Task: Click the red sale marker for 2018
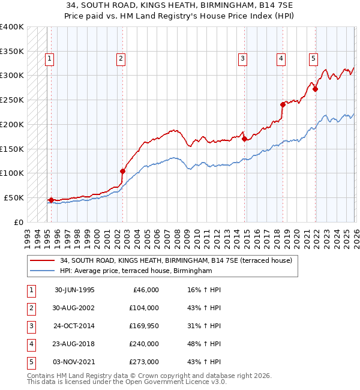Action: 283,104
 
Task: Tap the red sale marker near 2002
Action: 123,171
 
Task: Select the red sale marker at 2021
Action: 315,89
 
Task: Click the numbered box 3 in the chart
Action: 242,58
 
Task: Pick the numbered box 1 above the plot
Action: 49,58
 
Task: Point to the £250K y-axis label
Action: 12,100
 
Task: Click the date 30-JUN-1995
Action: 74,290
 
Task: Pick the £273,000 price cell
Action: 144,362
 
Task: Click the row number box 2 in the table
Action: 30,308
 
